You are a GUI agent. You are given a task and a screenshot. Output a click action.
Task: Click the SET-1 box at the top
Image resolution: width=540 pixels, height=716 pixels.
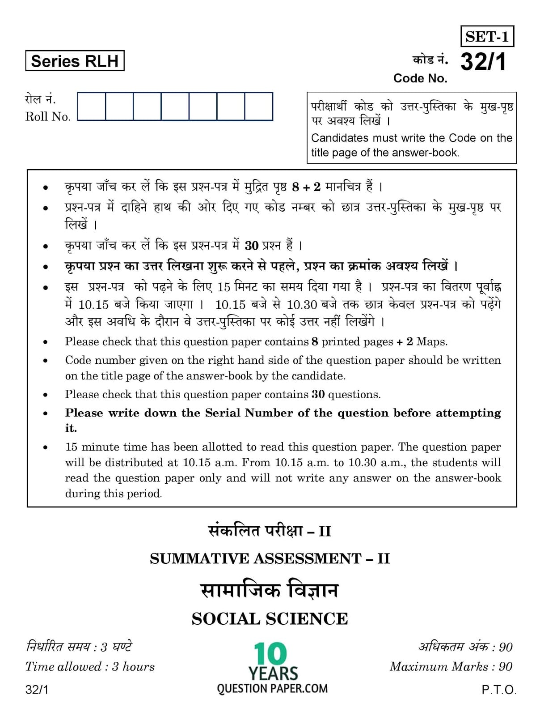[x=487, y=36]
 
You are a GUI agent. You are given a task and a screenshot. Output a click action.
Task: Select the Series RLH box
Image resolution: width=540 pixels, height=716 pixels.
[x=75, y=61]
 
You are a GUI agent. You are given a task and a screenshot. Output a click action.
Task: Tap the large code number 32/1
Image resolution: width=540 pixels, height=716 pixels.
[x=483, y=61]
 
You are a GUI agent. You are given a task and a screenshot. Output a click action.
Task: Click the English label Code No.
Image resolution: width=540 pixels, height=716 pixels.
[x=420, y=78]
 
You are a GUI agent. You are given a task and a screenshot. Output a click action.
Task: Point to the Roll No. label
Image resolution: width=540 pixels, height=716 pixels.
[x=48, y=117]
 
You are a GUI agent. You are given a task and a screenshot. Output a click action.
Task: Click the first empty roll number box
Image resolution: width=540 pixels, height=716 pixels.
[x=92, y=107]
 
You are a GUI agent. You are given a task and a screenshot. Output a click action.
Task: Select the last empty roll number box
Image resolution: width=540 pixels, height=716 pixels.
[x=258, y=107]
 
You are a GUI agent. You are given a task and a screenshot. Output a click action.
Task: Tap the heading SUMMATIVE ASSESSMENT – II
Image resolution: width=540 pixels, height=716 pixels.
[x=270, y=558]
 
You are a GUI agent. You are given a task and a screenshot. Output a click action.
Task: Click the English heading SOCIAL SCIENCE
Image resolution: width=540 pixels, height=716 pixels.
[x=270, y=619]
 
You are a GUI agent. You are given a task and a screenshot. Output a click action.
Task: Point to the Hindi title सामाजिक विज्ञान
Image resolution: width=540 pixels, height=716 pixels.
[x=270, y=590]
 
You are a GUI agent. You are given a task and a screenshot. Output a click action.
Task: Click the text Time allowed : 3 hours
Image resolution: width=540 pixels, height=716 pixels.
[x=90, y=667]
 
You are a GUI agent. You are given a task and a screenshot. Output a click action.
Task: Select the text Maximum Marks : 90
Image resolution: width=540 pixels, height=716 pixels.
[x=451, y=667]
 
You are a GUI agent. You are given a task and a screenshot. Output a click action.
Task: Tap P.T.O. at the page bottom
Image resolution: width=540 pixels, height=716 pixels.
[x=498, y=690]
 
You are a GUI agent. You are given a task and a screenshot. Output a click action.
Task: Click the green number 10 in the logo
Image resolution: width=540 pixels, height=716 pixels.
[x=270, y=654]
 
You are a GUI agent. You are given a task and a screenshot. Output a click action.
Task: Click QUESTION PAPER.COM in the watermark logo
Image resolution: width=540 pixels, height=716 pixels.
[x=272, y=688]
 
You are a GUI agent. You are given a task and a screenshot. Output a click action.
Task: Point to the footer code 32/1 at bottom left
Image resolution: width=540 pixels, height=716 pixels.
[x=37, y=690]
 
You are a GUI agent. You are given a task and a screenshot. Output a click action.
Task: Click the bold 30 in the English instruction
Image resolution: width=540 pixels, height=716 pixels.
[x=318, y=395]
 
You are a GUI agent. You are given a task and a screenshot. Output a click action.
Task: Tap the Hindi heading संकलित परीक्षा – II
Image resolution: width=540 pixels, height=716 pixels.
[x=270, y=531]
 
